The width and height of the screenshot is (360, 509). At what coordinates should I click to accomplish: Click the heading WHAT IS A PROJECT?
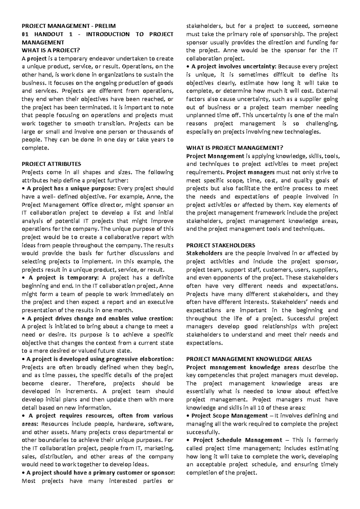coord(51,50)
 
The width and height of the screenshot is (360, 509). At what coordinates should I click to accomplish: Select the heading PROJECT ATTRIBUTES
coord(51,164)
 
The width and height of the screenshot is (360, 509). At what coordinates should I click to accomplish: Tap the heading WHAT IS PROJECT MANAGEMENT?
coord(235,148)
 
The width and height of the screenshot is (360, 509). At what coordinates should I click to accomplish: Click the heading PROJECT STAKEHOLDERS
coord(220,245)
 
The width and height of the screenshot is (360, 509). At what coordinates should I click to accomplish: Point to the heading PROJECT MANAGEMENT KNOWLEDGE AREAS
coord(249,359)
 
